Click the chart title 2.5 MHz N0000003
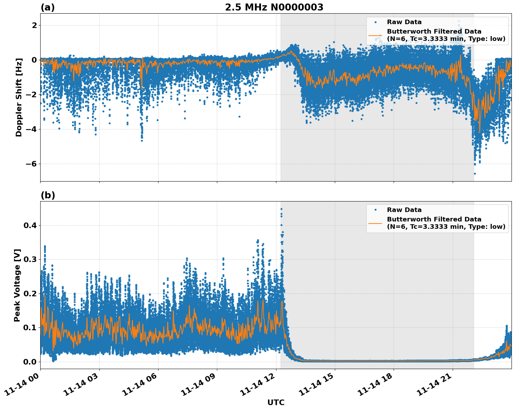coord(274,7)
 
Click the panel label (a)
coord(48,7)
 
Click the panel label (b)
coord(48,195)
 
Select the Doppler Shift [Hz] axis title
coord(19,97)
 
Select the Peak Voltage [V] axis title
coord(17,285)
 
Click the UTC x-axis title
coord(276,402)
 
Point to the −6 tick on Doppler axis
coord(32,164)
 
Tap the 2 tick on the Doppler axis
coord(35,25)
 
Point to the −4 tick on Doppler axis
coord(32,129)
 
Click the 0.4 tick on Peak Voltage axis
coord(30,225)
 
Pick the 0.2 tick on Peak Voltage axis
coord(30,294)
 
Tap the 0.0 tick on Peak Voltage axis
coord(30,362)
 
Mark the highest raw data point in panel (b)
coord(281,209)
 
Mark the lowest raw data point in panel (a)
coord(475,174)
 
